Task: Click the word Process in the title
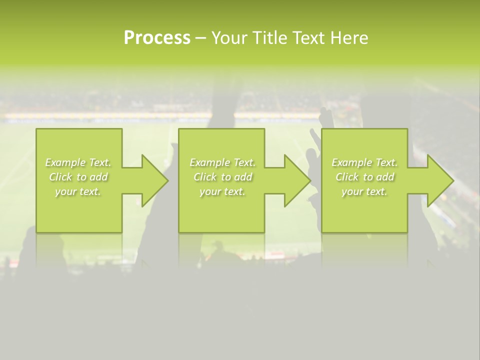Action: pyautogui.click(x=157, y=38)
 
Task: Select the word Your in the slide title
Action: pyautogui.click(x=229, y=38)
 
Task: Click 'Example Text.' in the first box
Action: pyautogui.click(x=78, y=162)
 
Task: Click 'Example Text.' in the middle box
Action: pyautogui.click(x=222, y=162)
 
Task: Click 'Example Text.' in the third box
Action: pyautogui.click(x=364, y=162)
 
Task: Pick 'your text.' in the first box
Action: pyautogui.click(x=78, y=191)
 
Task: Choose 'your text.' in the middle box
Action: pyautogui.click(x=222, y=191)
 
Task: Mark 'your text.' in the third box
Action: pyautogui.click(x=364, y=191)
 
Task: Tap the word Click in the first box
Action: pyautogui.click(x=60, y=177)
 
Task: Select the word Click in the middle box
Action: pyautogui.click(x=205, y=177)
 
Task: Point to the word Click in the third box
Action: pyautogui.click(x=347, y=177)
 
